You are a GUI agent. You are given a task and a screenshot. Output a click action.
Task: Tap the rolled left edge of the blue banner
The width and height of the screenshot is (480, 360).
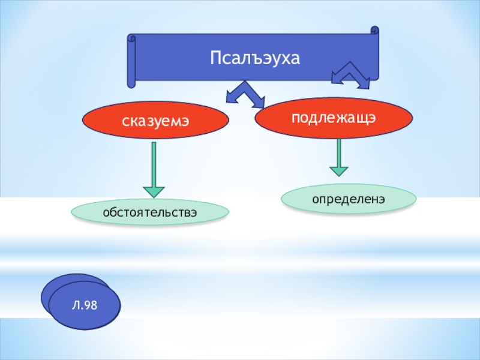pyautogui.click(x=131, y=60)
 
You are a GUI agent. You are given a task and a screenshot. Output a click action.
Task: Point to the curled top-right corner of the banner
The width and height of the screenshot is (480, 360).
pyautogui.click(x=375, y=30)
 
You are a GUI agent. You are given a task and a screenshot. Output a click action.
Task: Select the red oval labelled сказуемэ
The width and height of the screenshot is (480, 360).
pyautogui.click(x=155, y=120)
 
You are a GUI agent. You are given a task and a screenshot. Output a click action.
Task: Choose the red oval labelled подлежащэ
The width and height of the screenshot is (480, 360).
pyautogui.click(x=334, y=118)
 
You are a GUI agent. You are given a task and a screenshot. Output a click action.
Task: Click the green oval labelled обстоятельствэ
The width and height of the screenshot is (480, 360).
pyautogui.click(x=150, y=212)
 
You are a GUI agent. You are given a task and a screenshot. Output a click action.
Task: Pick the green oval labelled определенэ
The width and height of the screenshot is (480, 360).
pyautogui.click(x=349, y=198)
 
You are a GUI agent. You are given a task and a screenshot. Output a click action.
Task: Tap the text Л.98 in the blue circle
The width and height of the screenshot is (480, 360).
pyautogui.click(x=85, y=306)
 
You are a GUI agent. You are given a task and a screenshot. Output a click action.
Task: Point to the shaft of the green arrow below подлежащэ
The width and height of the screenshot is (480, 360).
pyautogui.click(x=339, y=151)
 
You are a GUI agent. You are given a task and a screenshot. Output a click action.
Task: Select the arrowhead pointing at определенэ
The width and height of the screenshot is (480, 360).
pyautogui.click(x=339, y=170)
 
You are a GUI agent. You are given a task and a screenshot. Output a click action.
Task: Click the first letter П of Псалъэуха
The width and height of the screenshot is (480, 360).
pyautogui.click(x=214, y=58)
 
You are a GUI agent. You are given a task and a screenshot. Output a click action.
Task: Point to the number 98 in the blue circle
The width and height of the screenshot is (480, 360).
pyautogui.click(x=90, y=306)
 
